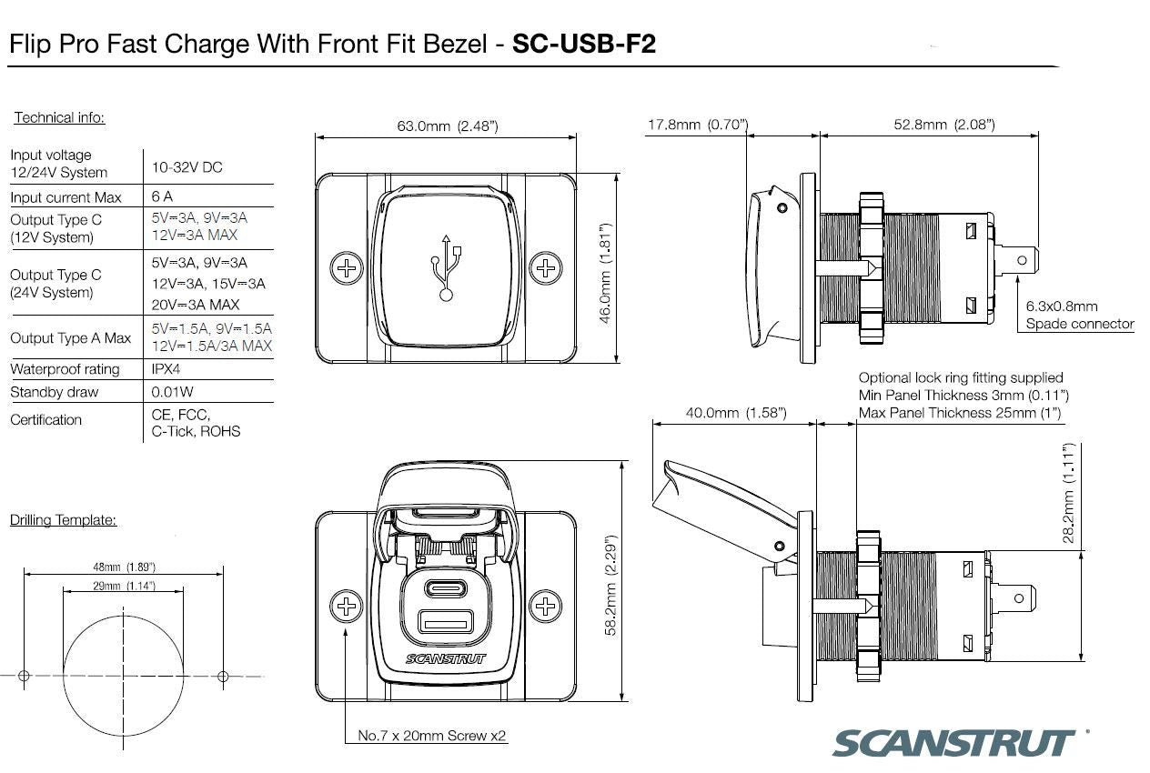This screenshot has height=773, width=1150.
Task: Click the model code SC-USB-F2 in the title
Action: point(584,45)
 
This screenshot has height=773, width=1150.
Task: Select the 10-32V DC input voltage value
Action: point(187,167)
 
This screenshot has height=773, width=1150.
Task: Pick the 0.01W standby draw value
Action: point(171,393)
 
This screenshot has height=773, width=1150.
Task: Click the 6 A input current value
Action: point(162,196)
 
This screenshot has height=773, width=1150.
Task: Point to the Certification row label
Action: point(45,420)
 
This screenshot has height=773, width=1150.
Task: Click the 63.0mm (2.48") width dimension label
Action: point(447,126)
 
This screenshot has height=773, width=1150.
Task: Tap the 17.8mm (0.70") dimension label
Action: point(697,124)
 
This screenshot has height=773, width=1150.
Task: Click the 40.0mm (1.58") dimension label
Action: point(735,413)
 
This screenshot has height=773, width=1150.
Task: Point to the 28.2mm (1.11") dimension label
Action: point(1069,494)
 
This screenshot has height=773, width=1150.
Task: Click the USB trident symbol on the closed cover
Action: point(446,266)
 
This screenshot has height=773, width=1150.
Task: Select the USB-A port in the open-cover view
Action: point(446,623)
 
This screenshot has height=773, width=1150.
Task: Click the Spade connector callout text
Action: point(1080,324)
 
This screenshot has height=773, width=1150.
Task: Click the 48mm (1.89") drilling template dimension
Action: point(124,567)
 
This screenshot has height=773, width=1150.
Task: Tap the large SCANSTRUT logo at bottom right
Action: point(954,741)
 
